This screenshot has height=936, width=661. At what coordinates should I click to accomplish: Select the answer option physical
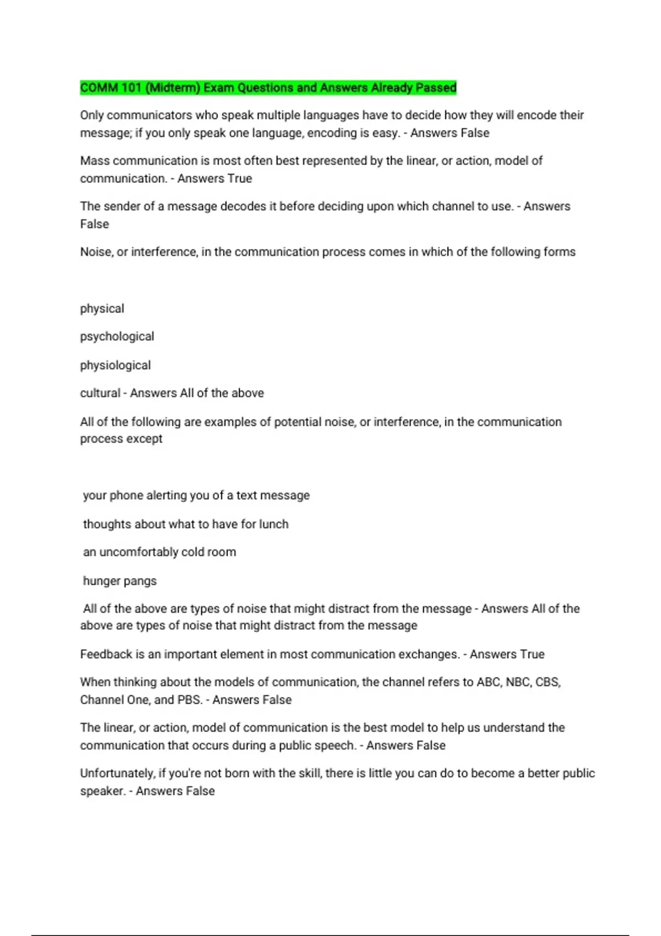coord(102,309)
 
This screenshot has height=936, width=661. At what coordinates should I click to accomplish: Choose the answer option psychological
coord(117,336)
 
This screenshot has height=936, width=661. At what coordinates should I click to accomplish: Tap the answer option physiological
coord(115,366)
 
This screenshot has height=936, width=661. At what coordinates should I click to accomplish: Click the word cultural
coord(100,393)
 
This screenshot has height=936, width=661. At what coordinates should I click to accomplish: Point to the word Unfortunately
coord(117,773)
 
